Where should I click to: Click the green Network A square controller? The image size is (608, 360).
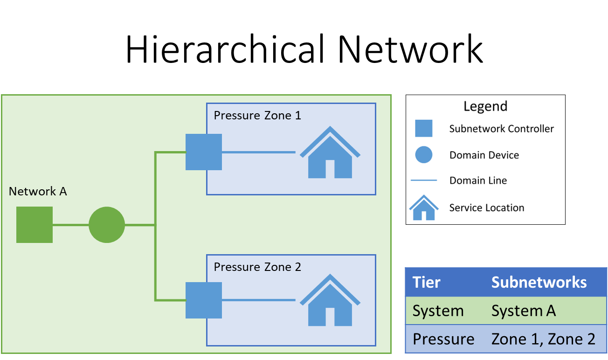pos(35,225)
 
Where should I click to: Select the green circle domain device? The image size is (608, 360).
pos(107,225)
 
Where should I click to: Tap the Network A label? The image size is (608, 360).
pos(38,192)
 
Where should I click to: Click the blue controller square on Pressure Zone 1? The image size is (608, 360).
pos(204,152)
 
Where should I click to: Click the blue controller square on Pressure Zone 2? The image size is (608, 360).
pos(204,300)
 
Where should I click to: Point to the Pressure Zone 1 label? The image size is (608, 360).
pos(257,115)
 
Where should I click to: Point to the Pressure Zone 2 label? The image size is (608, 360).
pos(257,267)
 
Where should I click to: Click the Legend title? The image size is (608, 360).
pos(485,106)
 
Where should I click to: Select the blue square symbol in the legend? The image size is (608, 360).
pos(424,129)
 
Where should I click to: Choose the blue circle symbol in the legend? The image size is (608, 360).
pos(424,155)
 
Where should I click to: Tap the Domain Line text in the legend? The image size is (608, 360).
pos(478,181)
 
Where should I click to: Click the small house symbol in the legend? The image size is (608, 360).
pos(424,208)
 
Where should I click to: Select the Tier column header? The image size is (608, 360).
pos(427,283)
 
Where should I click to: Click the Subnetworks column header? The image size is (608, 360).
pos(539,283)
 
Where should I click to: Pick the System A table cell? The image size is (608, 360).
pos(524,311)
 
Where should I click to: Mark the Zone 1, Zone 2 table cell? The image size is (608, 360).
pos(543,339)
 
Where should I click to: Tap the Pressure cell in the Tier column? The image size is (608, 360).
pos(443,339)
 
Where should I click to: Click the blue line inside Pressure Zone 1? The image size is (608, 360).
pos(259,152)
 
